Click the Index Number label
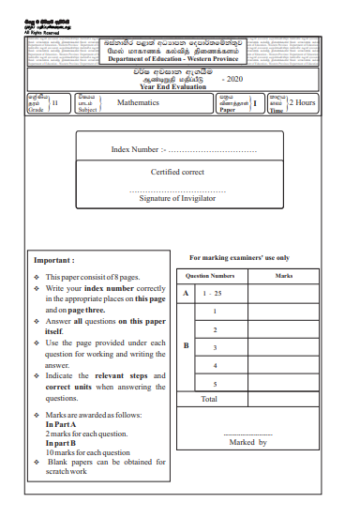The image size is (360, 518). pyautogui.click(x=138, y=149)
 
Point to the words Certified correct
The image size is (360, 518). pyautogui.click(x=177, y=173)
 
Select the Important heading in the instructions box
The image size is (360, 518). pyautogui.click(x=53, y=260)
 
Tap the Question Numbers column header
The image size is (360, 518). pyautogui.click(x=210, y=277)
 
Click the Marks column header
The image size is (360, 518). pyautogui.click(x=284, y=277)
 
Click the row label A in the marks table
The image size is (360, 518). pyautogui.click(x=186, y=295)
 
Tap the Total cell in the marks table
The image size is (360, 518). pyautogui.click(x=209, y=400)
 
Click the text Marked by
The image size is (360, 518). pyautogui.click(x=248, y=441)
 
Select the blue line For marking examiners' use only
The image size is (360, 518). pyautogui.click(x=239, y=257)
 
